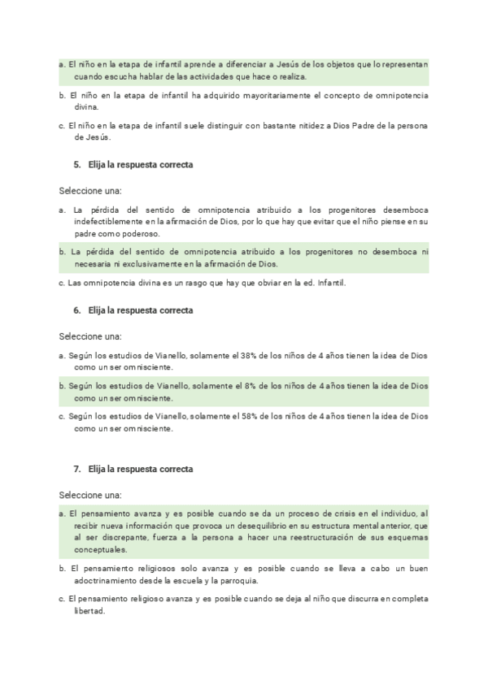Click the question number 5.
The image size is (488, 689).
point(77,164)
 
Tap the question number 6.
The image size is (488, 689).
point(77,310)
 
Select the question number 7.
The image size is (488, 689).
point(77,469)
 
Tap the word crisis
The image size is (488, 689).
point(294,514)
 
